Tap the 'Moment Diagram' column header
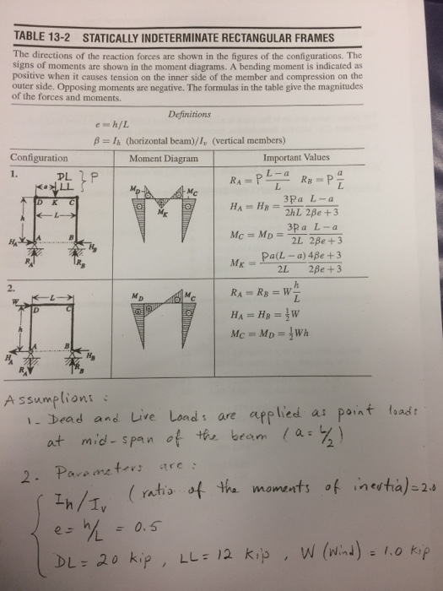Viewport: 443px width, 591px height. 163,158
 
